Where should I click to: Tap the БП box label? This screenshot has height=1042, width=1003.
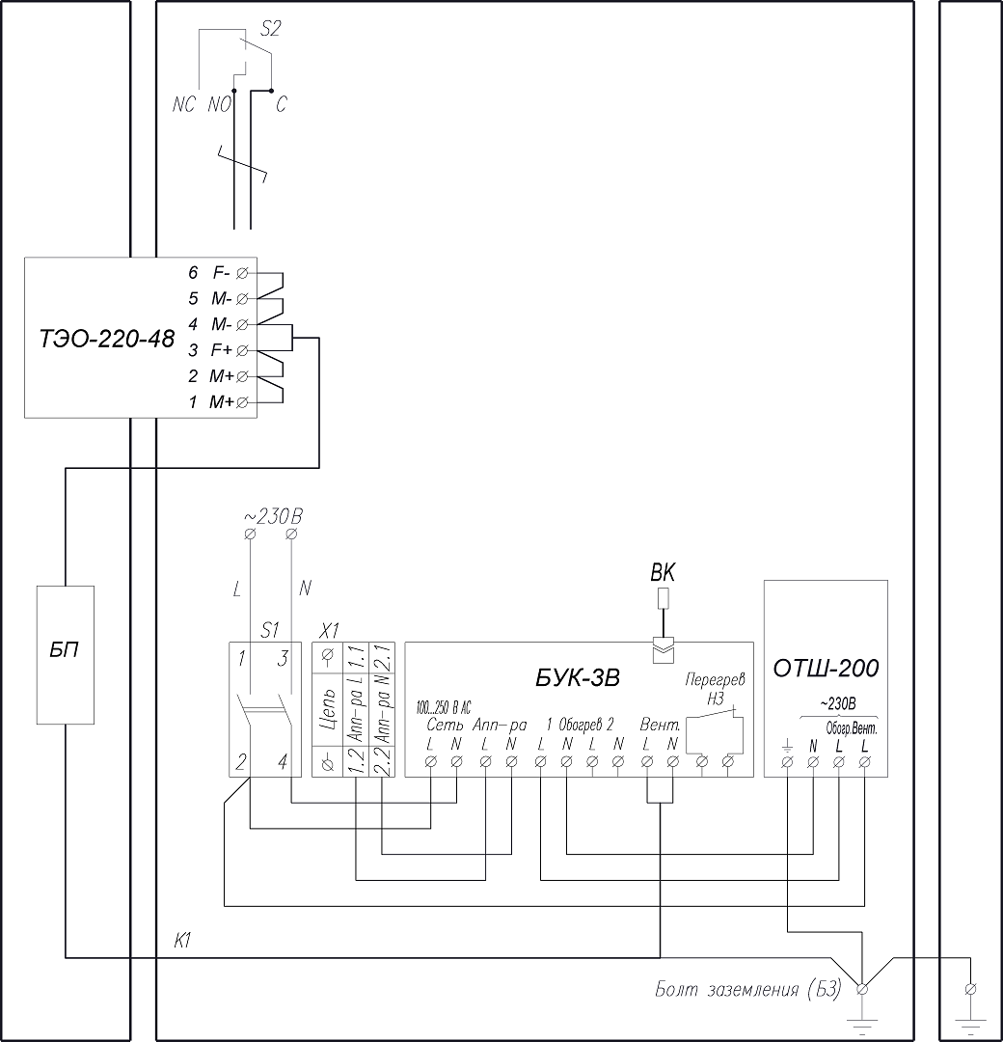point(66,650)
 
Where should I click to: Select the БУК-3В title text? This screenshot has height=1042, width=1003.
point(577,678)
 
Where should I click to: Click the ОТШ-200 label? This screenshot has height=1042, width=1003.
point(826,668)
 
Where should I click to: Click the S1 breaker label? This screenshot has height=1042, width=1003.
point(270,630)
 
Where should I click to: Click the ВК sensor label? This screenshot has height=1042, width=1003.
point(663,573)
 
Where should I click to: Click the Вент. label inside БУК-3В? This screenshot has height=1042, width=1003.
point(660,725)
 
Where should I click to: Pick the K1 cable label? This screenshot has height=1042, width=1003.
point(185,941)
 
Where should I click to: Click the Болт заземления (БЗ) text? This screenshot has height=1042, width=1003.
point(747,990)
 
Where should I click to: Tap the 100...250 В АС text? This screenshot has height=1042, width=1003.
point(443,705)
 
